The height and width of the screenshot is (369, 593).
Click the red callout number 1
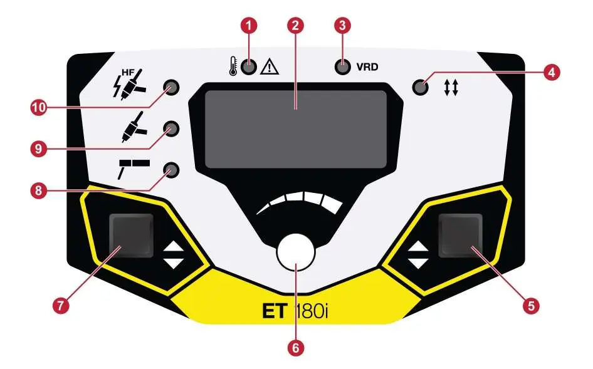coord(248,26)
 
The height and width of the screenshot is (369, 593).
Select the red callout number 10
coord(39,108)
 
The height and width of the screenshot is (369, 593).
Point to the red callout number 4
coord(552,72)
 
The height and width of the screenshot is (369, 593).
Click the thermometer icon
coord(233,66)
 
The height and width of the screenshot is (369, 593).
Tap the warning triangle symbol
coord(270,66)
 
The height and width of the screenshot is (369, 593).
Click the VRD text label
coord(367,67)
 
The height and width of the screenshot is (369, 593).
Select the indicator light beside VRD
coord(343,67)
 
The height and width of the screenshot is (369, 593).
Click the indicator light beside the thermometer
coord(249,67)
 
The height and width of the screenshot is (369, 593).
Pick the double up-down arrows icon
coord(451,87)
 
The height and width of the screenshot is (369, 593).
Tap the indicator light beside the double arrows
coord(420,87)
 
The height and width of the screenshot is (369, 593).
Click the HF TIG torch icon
coord(129,85)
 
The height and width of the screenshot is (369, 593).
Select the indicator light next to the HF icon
coord(171,87)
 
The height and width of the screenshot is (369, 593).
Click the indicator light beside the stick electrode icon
coord(171,170)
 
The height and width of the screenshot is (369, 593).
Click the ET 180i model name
coord(295,311)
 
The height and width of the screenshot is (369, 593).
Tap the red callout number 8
coord(38,190)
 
